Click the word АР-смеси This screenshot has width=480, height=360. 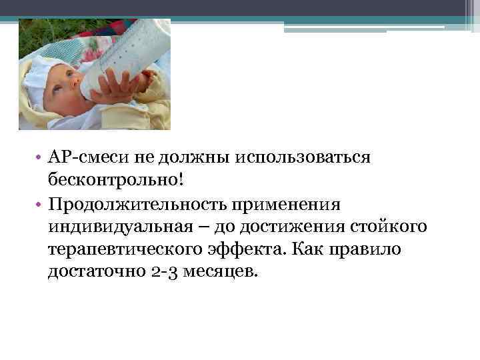pos(84,158)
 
